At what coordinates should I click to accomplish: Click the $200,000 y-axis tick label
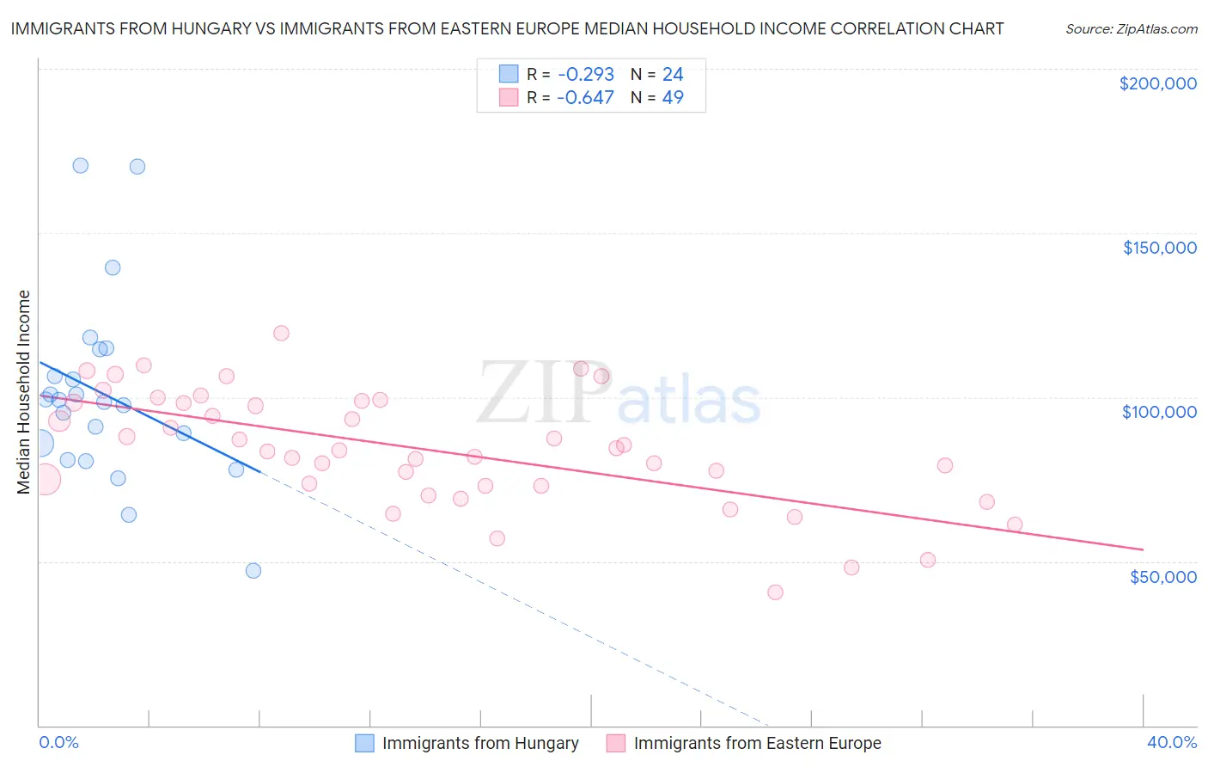[x=1157, y=83]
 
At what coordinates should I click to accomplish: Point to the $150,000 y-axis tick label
[x=1159, y=248]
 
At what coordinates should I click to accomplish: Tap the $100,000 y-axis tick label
[x=1159, y=412]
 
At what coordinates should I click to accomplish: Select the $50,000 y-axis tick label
[x=1162, y=577]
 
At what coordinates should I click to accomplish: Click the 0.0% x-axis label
[x=58, y=743]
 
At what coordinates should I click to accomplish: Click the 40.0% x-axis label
[x=1172, y=743]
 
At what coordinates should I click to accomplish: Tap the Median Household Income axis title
[x=24, y=392]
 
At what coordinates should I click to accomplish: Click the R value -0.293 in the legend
[x=585, y=75]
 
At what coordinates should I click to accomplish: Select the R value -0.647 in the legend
[x=585, y=98]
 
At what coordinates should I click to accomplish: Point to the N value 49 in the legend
[x=673, y=98]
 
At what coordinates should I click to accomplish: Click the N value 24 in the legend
[x=673, y=75]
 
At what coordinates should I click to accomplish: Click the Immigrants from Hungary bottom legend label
[x=480, y=744]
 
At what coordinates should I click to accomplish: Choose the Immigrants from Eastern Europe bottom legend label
[x=757, y=744]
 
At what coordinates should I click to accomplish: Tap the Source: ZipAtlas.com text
[x=1131, y=29]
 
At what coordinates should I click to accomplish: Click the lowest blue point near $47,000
[x=253, y=571]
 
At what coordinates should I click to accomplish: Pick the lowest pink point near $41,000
[x=775, y=592]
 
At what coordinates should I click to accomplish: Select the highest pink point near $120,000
[x=281, y=334]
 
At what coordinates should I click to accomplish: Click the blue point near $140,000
[x=113, y=267]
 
